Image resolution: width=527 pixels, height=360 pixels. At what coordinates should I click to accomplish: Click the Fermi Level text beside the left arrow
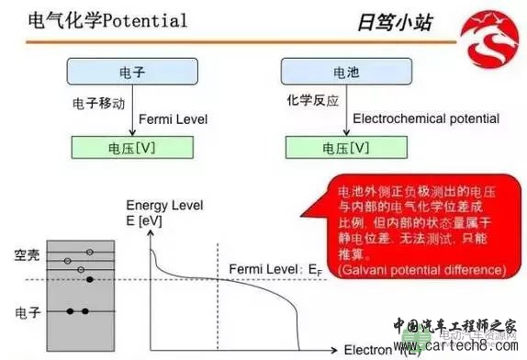coord(173,119)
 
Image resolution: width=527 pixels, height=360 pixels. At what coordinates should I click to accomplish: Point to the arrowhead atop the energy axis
coord(149,199)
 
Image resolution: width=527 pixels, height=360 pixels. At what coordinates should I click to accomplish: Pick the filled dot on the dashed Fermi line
coord(89,279)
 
